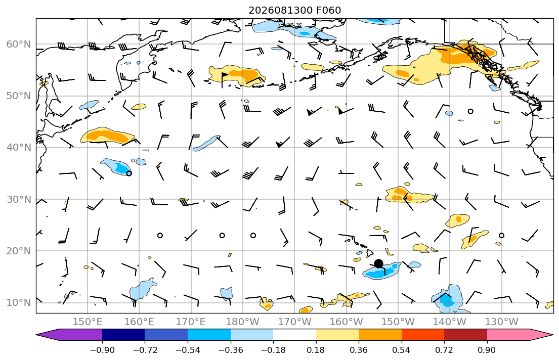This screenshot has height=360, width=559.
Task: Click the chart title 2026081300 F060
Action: (294, 10)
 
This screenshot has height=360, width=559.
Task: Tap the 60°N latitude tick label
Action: (19, 44)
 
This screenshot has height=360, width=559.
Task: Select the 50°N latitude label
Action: (19, 96)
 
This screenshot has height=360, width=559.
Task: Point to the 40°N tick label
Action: (19, 148)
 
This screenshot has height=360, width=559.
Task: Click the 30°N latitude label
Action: (19, 199)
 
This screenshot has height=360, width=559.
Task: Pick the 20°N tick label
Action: (19, 251)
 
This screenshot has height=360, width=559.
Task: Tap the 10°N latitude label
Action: (19, 303)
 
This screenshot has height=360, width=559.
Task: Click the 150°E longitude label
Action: (88, 322)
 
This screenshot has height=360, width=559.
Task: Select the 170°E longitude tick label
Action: (191, 322)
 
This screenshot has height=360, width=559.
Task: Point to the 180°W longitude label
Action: (243, 322)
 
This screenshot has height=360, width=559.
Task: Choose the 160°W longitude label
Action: (346, 322)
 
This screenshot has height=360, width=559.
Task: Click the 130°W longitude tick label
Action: (502, 322)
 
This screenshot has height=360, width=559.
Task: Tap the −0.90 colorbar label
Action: (102, 350)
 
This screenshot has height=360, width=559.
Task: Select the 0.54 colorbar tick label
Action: (402, 350)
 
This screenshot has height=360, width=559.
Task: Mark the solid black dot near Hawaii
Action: (378, 264)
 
